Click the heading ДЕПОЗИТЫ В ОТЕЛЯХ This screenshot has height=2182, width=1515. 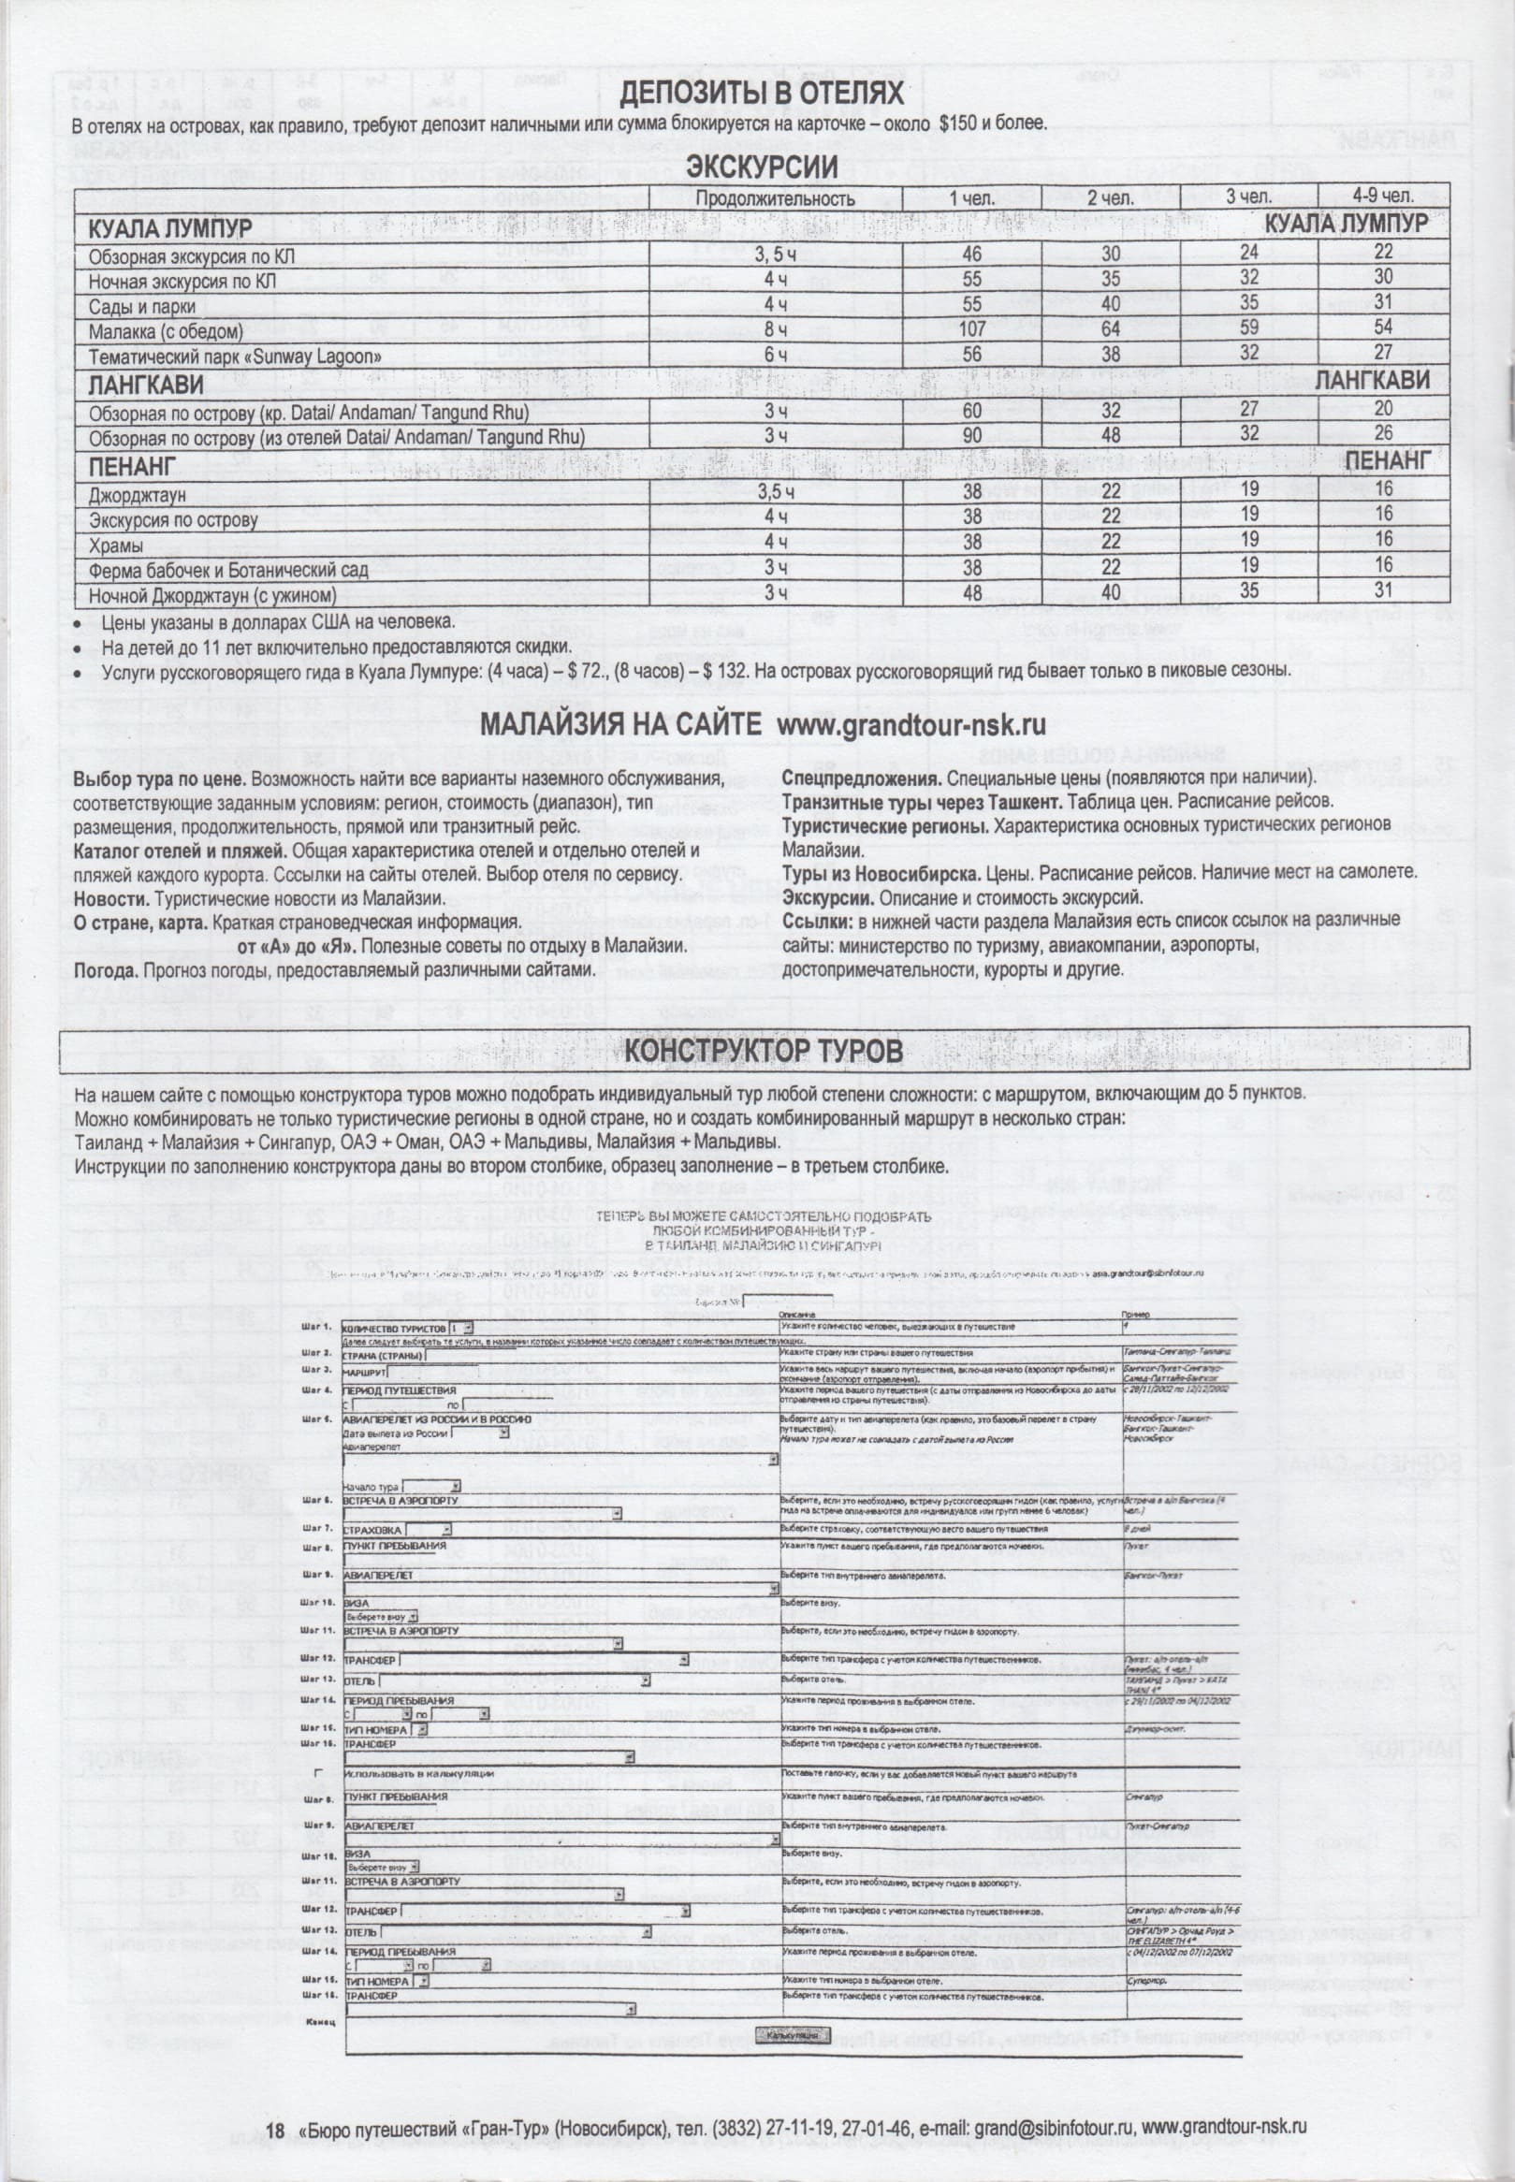[x=762, y=94]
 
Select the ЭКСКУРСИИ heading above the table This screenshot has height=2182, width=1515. [x=762, y=168]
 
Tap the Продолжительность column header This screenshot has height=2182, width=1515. [x=775, y=198]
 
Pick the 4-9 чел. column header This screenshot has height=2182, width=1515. [x=1383, y=197]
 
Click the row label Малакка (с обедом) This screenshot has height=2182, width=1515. [x=167, y=332]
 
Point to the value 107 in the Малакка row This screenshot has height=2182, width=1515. [x=972, y=329]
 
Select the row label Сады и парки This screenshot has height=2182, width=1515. [x=142, y=308]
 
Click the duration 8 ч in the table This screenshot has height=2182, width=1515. [x=777, y=330]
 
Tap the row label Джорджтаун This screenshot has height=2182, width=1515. [x=138, y=495]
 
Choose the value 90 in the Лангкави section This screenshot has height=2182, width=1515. [x=972, y=436]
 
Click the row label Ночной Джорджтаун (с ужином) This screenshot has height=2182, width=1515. [x=212, y=596]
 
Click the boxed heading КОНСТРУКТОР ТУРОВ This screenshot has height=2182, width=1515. [x=764, y=1050]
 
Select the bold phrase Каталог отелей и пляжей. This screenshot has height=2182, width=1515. [x=181, y=850]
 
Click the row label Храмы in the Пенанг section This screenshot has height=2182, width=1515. [x=117, y=545]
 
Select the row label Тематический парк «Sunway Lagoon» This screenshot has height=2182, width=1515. [x=235, y=357]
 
